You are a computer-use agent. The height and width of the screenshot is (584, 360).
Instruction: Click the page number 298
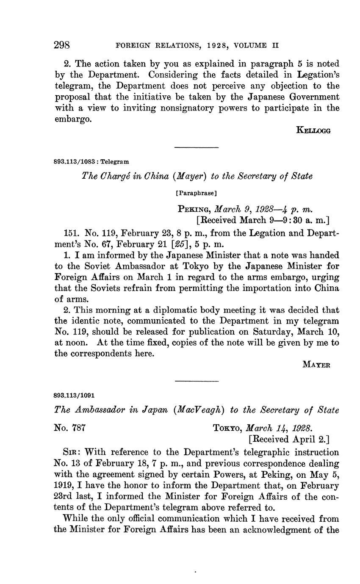pyautogui.click(x=62, y=45)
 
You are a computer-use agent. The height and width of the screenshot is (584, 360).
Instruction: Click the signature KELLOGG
pyautogui.click(x=313, y=130)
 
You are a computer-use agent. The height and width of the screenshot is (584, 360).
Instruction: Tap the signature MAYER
pyautogui.click(x=317, y=365)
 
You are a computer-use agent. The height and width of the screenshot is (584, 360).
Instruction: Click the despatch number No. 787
pyautogui.click(x=71, y=428)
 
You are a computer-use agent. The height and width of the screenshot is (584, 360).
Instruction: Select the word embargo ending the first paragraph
pyautogui.click(x=72, y=119)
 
